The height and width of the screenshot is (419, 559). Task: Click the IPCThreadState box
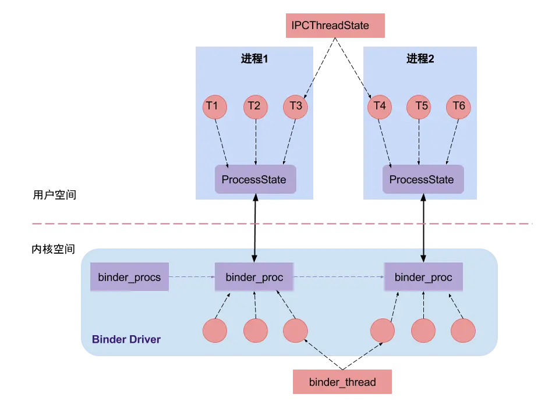pyautogui.click(x=335, y=26)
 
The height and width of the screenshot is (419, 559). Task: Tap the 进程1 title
pyautogui.click(x=254, y=59)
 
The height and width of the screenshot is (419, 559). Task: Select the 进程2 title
pyautogui.click(x=420, y=59)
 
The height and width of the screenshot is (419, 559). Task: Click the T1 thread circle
pyautogui.click(x=213, y=106)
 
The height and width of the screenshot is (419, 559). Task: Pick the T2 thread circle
pyautogui.click(x=254, y=106)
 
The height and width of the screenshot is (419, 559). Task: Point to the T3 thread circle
pyautogui.click(x=295, y=106)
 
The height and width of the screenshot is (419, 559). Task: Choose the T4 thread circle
pyautogui.click(x=380, y=106)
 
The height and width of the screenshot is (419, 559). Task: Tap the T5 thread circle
pyautogui.click(x=422, y=106)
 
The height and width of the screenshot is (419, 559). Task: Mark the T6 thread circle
pyautogui.click(x=459, y=106)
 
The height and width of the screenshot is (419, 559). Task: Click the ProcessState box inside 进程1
pyautogui.click(x=255, y=179)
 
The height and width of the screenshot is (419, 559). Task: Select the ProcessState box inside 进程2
pyautogui.click(x=422, y=179)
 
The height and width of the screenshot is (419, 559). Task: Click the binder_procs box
pyautogui.click(x=129, y=277)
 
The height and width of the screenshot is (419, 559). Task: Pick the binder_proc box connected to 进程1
pyautogui.click(x=254, y=277)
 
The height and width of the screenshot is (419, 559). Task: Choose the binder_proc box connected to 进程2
pyautogui.click(x=423, y=277)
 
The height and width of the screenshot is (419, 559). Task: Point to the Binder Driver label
pyautogui.click(x=126, y=339)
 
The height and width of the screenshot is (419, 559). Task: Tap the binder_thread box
pyautogui.click(x=342, y=382)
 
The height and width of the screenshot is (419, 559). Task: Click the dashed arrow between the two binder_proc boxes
pyautogui.click(x=338, y=277)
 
